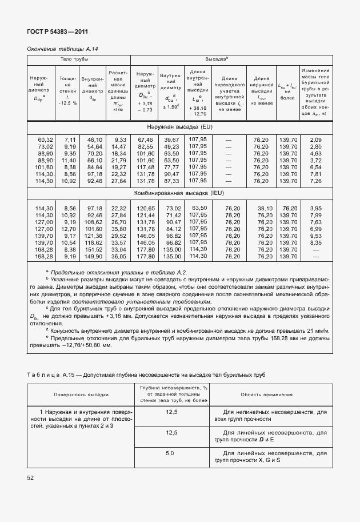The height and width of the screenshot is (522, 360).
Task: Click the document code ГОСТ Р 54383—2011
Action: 58,33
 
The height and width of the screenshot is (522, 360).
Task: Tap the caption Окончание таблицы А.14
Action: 63,49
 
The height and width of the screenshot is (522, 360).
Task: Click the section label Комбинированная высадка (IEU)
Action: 179,194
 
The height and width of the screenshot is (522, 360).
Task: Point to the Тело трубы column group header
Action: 79,59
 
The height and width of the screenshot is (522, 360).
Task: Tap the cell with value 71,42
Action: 172,215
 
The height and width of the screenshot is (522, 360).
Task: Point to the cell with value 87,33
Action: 172,181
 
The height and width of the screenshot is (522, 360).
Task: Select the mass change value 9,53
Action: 315,236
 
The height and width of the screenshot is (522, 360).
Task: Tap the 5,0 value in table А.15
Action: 169,453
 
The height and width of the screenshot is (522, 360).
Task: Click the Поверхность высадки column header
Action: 81,395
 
